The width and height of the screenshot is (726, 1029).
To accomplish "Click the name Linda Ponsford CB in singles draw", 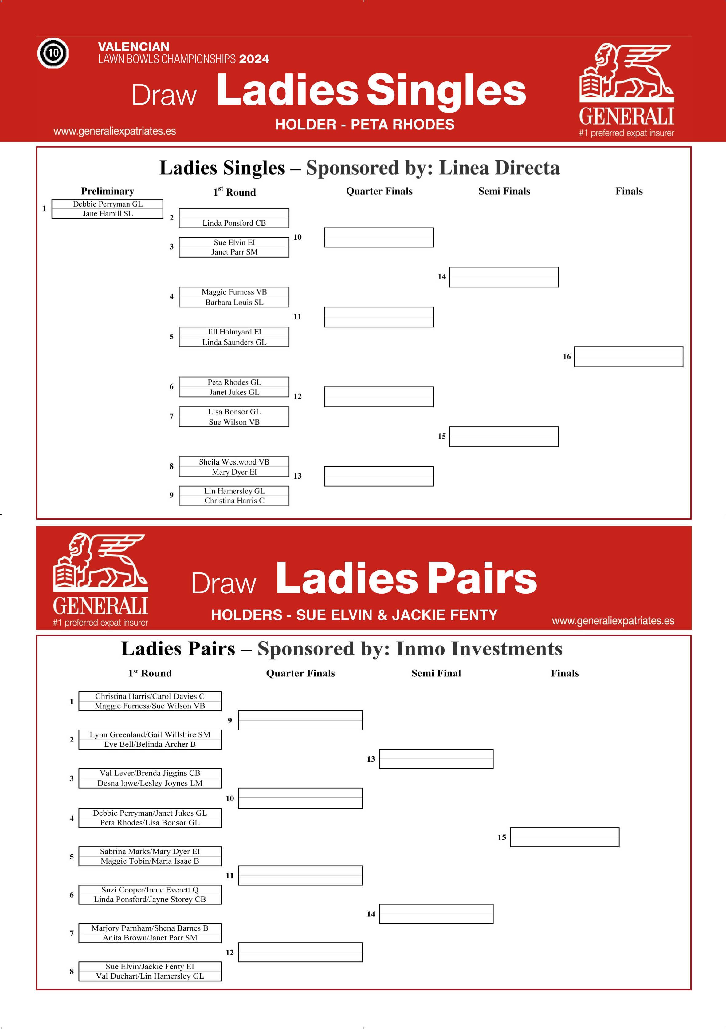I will [x=234, y=223].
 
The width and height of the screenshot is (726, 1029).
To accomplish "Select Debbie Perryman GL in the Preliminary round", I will [x=108, y=204].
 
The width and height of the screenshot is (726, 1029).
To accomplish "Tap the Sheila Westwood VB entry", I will [x=234, y=461].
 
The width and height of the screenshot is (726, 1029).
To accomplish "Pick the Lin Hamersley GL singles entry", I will [x=234, y=491].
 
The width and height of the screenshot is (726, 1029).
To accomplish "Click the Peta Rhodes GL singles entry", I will [x=234, y=382].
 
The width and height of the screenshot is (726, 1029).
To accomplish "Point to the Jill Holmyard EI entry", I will [x=234, y=332].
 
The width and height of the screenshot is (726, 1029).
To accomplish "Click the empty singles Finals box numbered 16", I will [x=628, y=357].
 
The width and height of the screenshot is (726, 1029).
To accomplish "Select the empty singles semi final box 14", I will [x=504, y=277].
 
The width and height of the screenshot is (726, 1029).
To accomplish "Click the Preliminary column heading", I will [x=108, y=191].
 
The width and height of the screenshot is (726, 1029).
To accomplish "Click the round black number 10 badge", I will [x=53, y=53].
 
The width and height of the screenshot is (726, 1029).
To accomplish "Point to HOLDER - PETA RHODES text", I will [x=365, y=124].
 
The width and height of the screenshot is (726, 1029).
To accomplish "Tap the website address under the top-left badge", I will [x=115, y=131].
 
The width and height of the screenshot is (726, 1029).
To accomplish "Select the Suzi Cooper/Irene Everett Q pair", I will [x=150, y=889].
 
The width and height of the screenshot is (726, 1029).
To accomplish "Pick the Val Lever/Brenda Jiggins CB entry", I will [x=150, y=773].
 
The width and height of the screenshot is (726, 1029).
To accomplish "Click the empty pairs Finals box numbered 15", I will [x=564, y=837].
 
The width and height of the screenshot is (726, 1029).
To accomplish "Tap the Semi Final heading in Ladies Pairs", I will [x=436, y=673].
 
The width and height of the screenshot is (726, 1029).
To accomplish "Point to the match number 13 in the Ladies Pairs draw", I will [x=371, y=759].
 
